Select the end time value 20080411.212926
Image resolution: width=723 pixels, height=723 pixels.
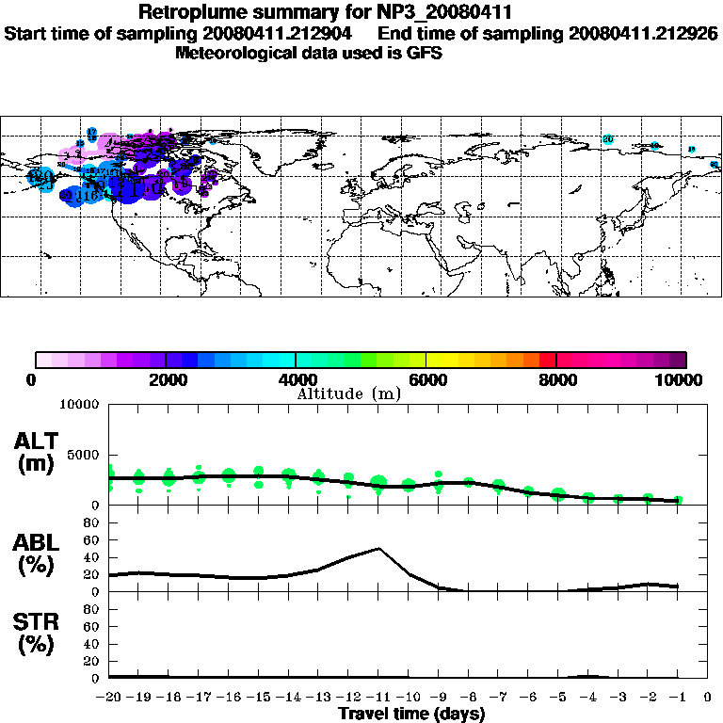coord(643,33)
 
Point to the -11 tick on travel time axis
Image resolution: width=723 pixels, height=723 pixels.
coord(378,699)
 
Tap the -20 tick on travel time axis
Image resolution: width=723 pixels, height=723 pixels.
coord(109,699)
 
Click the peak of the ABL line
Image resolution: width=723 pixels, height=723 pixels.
coord(378,548)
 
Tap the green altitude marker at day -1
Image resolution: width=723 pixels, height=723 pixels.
coord(678,500)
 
